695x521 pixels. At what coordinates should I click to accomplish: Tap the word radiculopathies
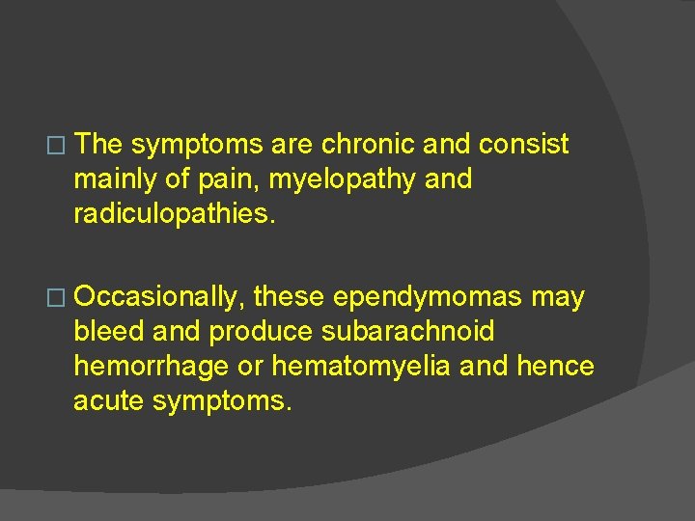coord(175,213)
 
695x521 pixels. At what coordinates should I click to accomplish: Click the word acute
coord(109,400)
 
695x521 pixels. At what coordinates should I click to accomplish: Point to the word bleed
coord(109,332)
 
